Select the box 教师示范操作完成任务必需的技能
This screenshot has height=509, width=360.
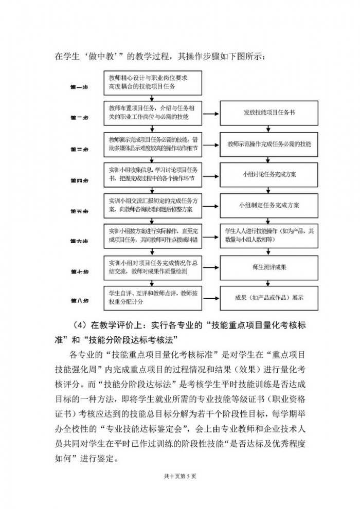click(x=269, y=144)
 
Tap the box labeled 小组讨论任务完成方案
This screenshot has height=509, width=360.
click(x=269, y=174)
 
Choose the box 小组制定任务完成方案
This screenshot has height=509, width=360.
click(x=269, y=205)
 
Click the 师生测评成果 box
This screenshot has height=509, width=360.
click(x=269, y=267)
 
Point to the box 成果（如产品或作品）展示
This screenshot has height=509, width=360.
click(x=269, y=297)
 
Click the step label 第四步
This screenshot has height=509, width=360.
click(x=79, y=180)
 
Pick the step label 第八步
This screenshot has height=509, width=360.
click(x=79, y=300)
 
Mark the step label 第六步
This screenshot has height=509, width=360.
click(x=79, y=241)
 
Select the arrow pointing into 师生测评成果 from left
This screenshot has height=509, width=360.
click(x=211, y=267)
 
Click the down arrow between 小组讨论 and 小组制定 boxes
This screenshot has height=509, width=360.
click(x=269, y=190)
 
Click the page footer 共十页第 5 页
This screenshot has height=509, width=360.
click(x=180, y=477)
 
